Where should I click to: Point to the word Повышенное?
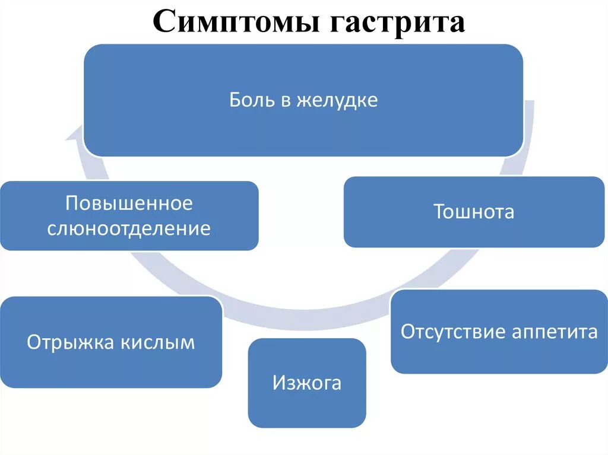129,203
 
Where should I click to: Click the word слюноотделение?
129,228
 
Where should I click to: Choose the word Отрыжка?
70,342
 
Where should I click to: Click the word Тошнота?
474,212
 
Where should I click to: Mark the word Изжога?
306,383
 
